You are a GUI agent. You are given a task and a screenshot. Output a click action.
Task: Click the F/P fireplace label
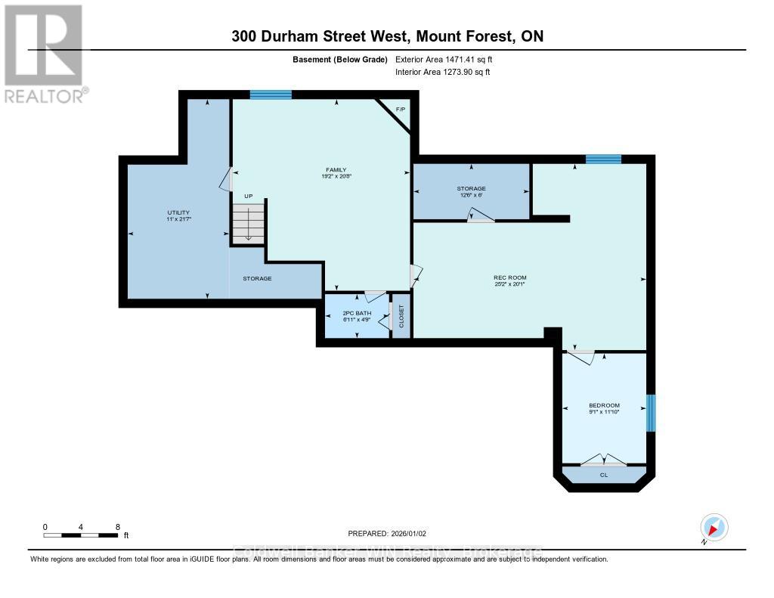(401, 110)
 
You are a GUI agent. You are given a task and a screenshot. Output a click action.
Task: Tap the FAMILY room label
(336, 169)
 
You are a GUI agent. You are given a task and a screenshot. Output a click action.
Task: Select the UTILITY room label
(178, 213)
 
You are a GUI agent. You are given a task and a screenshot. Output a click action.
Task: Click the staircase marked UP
(249, 223)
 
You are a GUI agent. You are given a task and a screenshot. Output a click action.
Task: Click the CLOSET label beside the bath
(401, 315)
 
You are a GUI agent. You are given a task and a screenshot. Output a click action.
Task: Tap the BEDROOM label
(604, 404)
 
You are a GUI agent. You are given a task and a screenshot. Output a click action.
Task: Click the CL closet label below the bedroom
(603, 475)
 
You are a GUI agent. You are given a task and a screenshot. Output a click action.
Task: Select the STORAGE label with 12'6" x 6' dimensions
(471, 188)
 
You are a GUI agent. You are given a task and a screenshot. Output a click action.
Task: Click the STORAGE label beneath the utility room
(257, 278)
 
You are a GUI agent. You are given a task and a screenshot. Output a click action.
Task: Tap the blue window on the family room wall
(271, 95)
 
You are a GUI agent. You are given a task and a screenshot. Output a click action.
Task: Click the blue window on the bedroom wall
(650, 413)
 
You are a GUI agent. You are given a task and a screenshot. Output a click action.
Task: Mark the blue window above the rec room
(603, 159)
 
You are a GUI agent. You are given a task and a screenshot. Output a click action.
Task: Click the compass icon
(714, 527)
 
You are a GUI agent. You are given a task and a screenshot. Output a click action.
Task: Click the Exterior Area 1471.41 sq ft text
(444, 59)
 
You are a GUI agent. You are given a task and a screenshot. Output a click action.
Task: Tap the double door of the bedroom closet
(603, 460)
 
